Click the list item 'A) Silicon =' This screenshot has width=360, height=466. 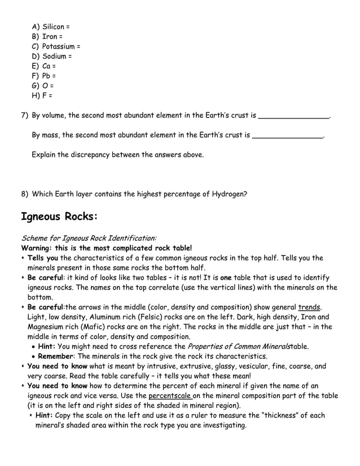click(51, 27)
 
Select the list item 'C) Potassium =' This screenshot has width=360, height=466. click(56, 46)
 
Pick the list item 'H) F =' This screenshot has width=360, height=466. click(43, 95)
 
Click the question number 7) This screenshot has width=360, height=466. click(25, 116)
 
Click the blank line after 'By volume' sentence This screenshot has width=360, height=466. click(293, 116)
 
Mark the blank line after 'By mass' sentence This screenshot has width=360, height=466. click(288, 135)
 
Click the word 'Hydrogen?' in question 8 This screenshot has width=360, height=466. click(229, 194)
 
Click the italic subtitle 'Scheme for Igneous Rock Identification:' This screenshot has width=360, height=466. click(89, 239)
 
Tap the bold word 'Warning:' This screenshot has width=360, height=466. click(37, 248)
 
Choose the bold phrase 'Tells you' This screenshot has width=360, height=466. click(42, 258)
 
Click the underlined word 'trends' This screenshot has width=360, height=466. click(309, 307)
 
